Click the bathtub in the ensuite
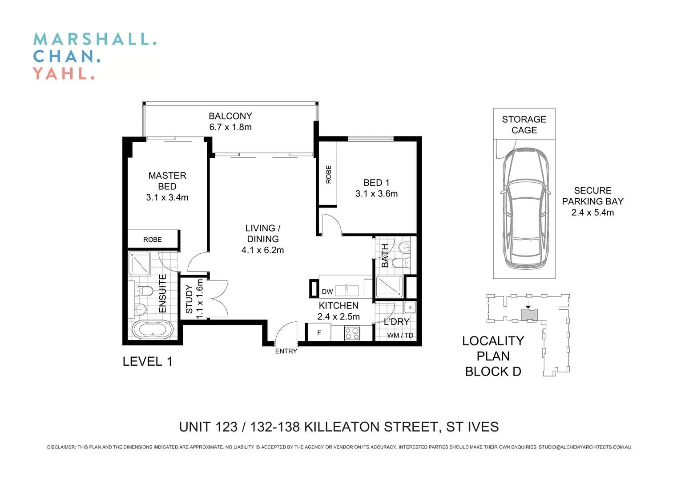(153, 330)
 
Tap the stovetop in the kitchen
(352, 333)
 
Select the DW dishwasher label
(327, 292)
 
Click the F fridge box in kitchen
(319, 332)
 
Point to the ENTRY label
(286, 351)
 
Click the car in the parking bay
(526, 209)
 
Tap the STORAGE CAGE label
(524, 124)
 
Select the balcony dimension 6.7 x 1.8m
(230, 127)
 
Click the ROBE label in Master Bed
(152, 240)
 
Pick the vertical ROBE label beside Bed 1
(329, 174)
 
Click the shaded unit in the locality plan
(529, 315)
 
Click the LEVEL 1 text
(148, 362)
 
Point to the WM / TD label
(400, 335)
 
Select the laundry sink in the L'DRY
(410, 308)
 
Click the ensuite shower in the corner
(139, 264)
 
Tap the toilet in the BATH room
(401, 263)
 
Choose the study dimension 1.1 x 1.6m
(200, 299)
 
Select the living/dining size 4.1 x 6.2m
(262, 250)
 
